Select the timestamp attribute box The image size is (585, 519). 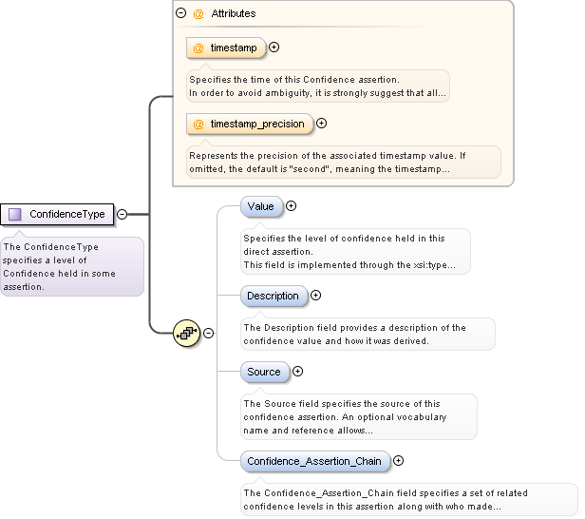click(x=226, y=47)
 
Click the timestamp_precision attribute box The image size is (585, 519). click(x=250, y=124)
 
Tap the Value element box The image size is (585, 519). click(x=260, y=206)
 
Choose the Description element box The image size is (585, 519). click(x=273, y=296)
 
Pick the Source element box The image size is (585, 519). click(x=263, y=372)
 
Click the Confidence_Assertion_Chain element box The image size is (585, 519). click(x=313, y=461)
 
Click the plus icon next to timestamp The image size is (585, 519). click(x=274, y=47)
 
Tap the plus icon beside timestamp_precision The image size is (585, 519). click(x=321, y=123)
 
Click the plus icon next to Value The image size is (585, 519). click(x=292, y=205)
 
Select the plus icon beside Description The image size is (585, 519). click(x=316, y=296)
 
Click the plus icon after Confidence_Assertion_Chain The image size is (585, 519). click(x=398, y=461)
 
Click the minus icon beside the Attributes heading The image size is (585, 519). click(x=180, y=14)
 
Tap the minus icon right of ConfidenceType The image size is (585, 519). click(x=122, y=214)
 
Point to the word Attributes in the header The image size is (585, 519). click(x=233, y=14)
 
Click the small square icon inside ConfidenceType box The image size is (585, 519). click(x=14, y=214)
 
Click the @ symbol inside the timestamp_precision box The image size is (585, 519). click(x=198, y=124)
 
